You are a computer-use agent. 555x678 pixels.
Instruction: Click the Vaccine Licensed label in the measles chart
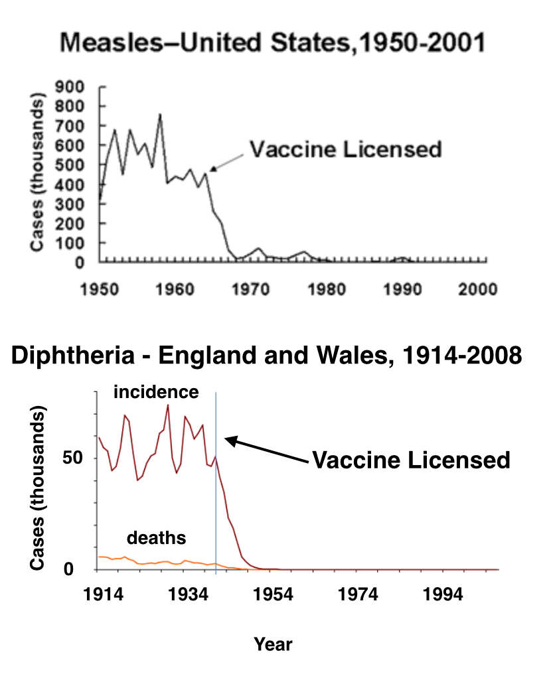pos(345,149)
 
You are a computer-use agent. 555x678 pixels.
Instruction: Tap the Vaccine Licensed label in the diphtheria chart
pos(411,460)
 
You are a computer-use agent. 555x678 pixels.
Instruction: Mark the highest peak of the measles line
pos(160,115)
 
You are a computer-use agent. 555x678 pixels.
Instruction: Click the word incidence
pos(155,392)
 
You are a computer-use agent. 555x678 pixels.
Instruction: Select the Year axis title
pos(272,643)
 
